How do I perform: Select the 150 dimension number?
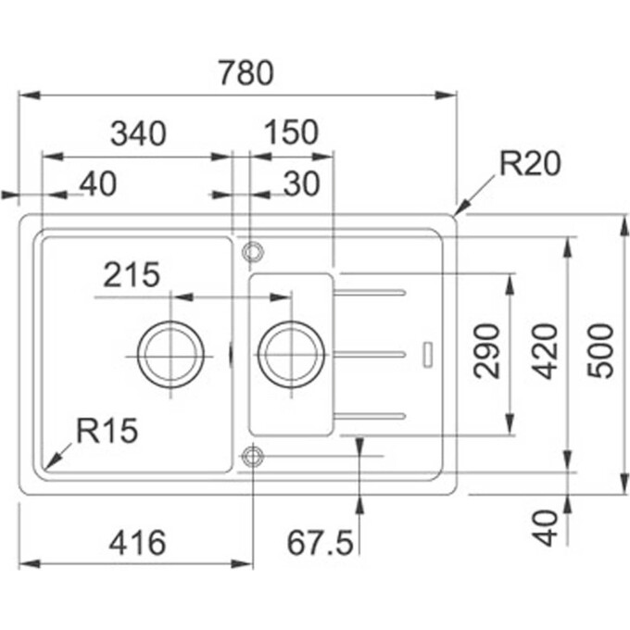coord(290,134)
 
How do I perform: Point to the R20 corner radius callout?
coord(530,164)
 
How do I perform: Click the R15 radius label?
coord(107,430)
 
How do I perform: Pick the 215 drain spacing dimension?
coord(132,275)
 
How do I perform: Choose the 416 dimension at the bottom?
coord(137,543)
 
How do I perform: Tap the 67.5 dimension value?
coord(320,543)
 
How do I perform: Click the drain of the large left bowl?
coord(170,353)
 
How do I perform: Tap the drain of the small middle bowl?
coord(291,353)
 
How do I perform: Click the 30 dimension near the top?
coord(301,184)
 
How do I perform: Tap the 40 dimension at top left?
coord(98,184)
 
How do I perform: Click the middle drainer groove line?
coord(371,353)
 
